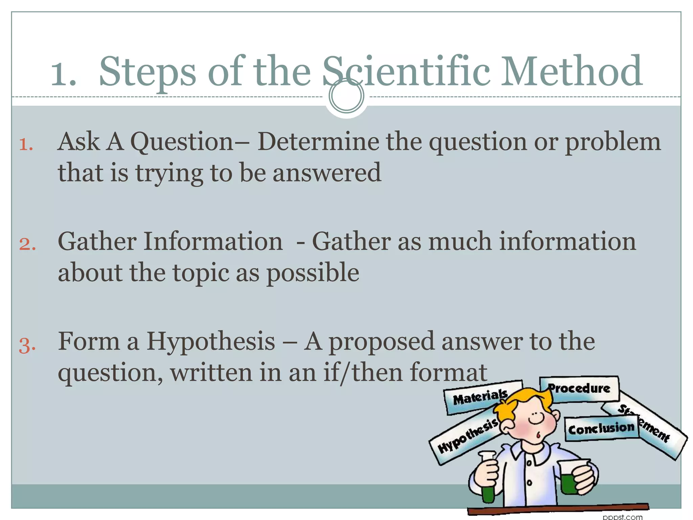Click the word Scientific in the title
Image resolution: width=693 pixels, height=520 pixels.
click(x=406, y=72)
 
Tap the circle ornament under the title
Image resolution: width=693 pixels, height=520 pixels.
click(x=346, y=96)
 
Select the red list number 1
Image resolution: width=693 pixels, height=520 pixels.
click(x=26, y=145)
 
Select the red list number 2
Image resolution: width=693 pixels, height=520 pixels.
click(x=27, y=244)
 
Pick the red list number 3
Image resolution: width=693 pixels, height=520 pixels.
click(x=27, y=345)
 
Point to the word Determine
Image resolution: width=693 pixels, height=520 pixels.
click(x=318, y=142)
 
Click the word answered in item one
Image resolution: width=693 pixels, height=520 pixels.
click(x=327, y=173)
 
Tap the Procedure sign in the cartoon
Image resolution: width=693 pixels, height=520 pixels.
click(x=579, y=389)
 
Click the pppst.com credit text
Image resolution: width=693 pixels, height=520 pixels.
click(x=622, y=517)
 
